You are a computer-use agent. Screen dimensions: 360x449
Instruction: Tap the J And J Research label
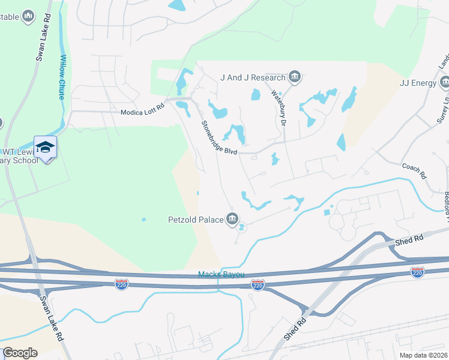pos(253,77)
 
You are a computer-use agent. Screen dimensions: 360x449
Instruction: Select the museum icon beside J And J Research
pos(295,77)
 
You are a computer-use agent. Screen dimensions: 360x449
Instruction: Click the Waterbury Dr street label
pos(277,108)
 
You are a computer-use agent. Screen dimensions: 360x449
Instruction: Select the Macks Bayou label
pos(221,275)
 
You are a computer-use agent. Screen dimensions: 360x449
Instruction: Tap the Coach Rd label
pos(414,171)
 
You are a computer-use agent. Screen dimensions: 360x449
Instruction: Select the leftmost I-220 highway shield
pos(122,283)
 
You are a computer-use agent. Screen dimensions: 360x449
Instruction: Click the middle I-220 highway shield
pos(258,284)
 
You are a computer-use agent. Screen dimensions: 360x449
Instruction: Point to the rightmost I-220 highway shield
pos(418,272)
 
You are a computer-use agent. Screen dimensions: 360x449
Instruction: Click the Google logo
pos(20,353)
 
